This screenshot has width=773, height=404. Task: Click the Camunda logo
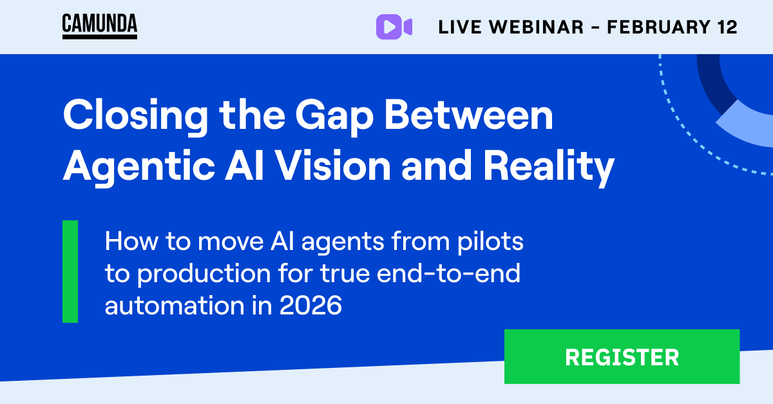tap(99, 26)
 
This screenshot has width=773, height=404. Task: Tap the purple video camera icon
tap(394, 26)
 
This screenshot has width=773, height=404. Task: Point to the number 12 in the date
tap(727, 27)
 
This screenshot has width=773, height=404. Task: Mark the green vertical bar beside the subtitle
tap(70, 271)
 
